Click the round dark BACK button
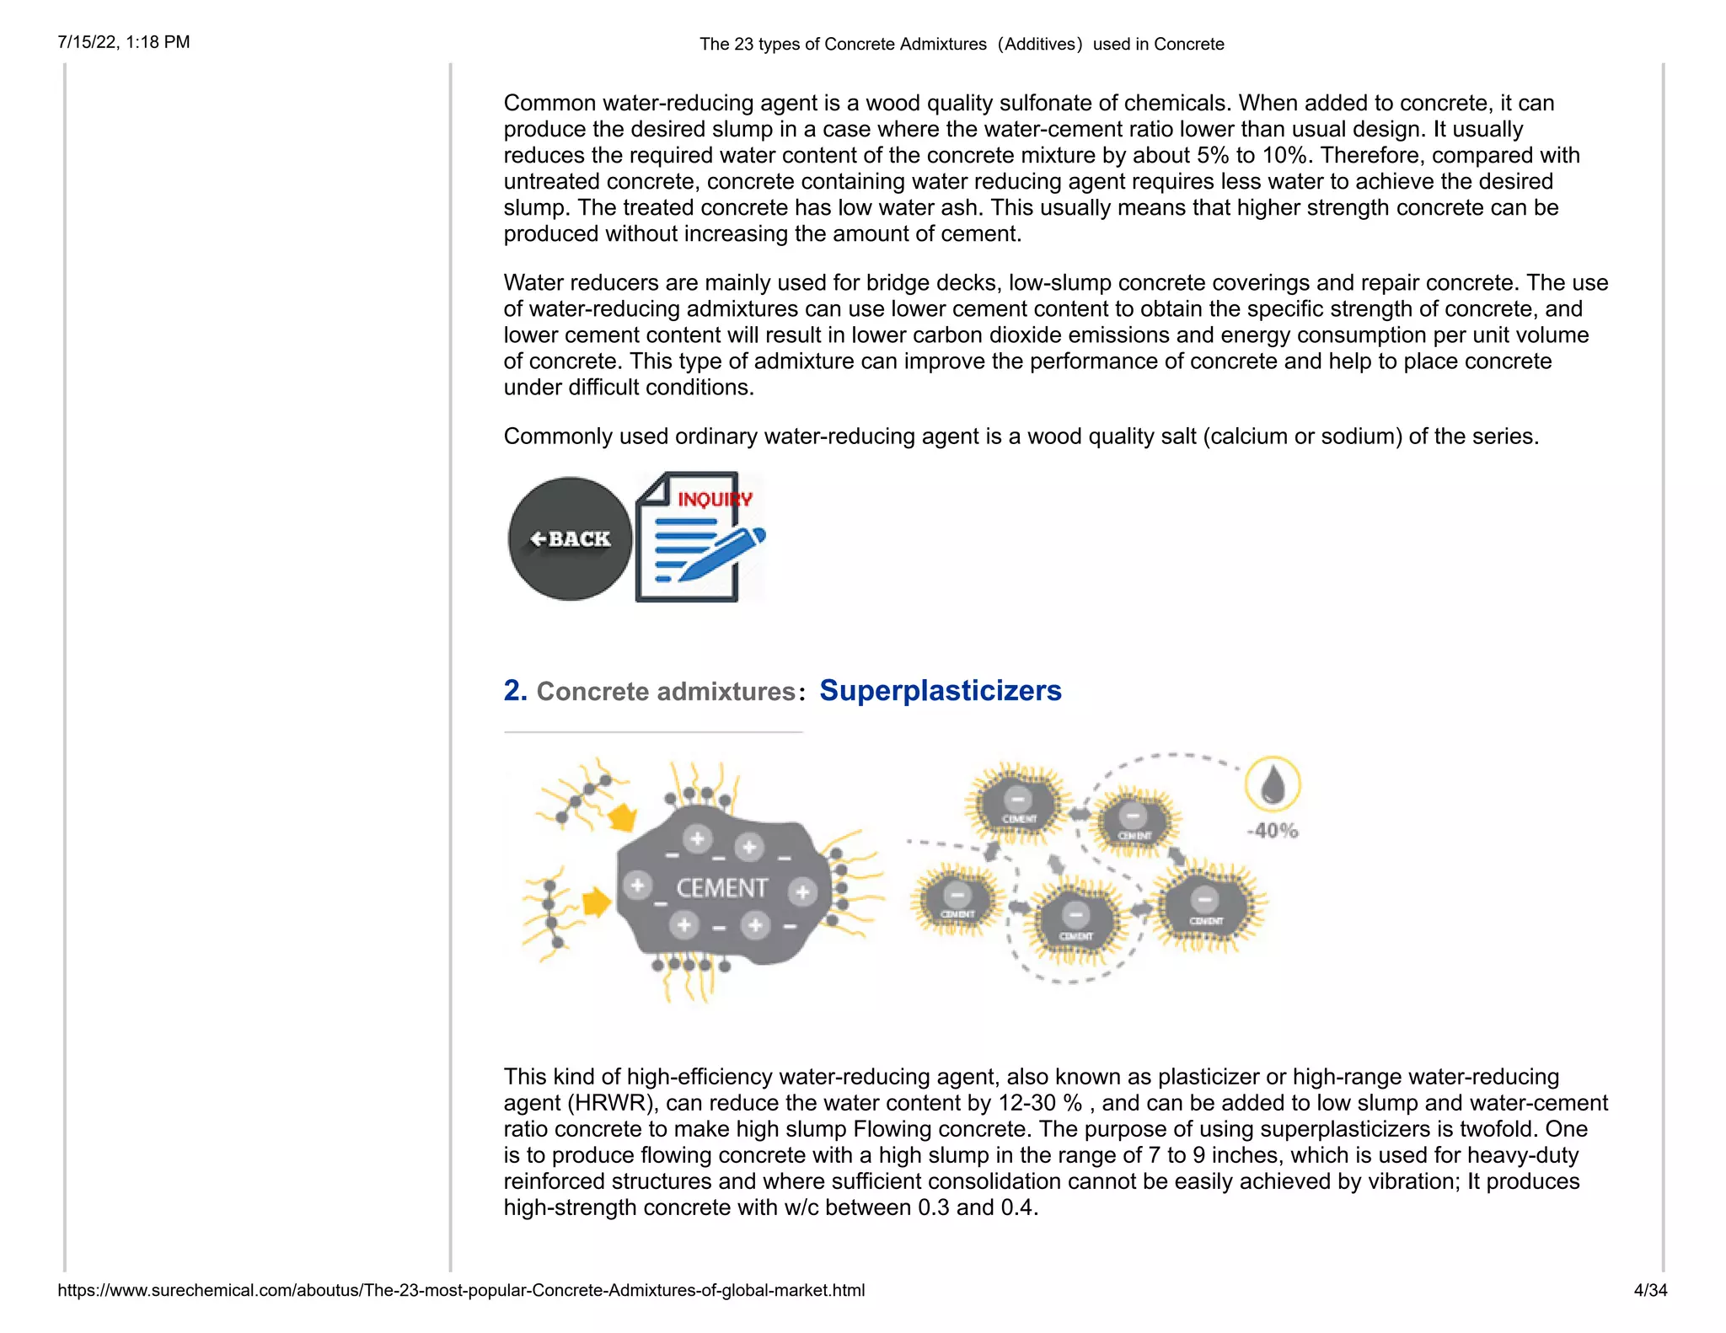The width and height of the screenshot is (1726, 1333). [570, 539]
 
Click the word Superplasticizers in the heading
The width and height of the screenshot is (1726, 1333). [940, 691]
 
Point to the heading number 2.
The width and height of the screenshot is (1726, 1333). [515, 691]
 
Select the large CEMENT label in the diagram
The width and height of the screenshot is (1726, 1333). [721, 888]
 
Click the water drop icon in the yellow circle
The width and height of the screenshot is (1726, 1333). [1273, 784]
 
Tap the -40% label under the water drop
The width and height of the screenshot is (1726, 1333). [1273, 831]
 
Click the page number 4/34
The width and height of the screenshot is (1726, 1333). [1649, 1290]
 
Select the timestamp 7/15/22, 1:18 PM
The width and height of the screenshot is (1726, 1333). [124, 42]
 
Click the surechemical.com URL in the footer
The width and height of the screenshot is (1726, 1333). [461, 1290]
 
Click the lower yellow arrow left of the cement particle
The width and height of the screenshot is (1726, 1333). [596, 902]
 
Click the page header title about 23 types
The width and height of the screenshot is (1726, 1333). [962, 44]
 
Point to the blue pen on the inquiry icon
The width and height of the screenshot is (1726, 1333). [723, 552]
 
